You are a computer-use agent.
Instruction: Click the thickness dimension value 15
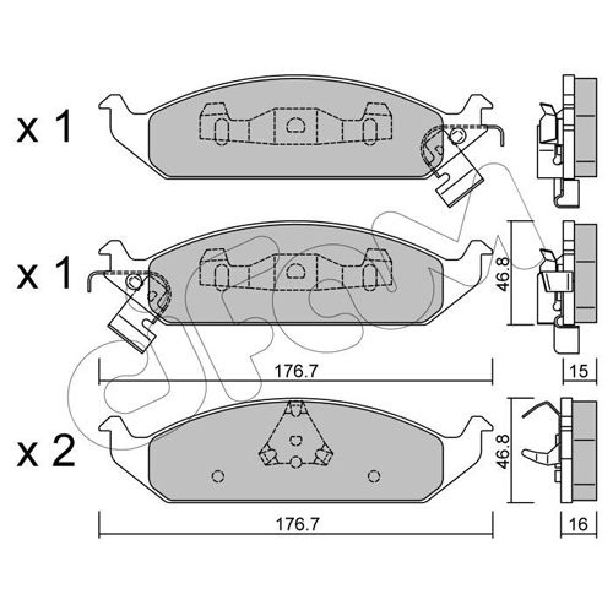tap(579, 371)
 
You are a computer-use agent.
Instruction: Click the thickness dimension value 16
tap(579, 524)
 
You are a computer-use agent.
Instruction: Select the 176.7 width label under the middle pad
tap(295, 371)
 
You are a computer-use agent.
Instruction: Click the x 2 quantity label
tap(46, 451)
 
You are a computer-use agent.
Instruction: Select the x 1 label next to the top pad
tap(44, 126)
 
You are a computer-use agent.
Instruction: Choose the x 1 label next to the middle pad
tap(44, 273)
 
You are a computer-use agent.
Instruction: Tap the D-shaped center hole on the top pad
tap(295, 125)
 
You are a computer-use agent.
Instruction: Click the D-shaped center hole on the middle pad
tap(295, 272)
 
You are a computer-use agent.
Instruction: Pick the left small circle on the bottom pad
tap(218, 476)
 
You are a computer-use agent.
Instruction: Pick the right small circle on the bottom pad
tap(374, 476)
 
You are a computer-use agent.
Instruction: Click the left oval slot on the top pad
tap(221, 131)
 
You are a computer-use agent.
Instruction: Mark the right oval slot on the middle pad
tap(370, 278)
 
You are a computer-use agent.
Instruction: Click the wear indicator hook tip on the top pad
tap(503, 145)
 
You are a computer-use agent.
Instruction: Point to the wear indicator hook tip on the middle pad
tap(89, 291)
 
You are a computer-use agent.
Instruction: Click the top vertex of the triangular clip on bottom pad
tap(296, 402)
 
